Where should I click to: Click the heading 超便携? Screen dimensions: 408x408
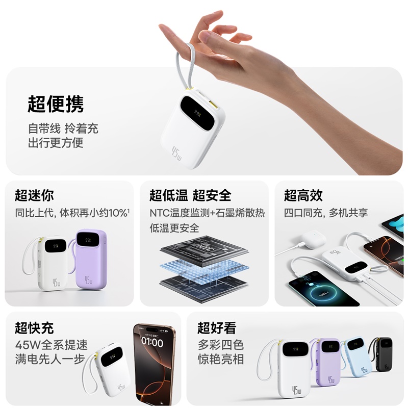(x=56, y=104)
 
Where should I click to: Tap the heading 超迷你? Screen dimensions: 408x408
(x=34, y=195)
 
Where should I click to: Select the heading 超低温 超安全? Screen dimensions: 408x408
(x=190, y=195)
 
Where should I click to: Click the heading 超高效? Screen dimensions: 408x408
(x=303, y=195)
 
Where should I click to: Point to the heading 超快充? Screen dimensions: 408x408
(x=34, y=327)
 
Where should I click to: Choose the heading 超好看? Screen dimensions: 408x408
(x=217, y=327)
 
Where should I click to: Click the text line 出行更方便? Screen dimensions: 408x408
(x=56, y=143)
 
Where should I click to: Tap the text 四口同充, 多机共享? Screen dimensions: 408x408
(x=326, y=213)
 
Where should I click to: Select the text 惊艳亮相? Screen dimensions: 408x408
(x=221, y=359)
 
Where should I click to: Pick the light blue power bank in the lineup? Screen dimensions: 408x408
(x=357, y=357)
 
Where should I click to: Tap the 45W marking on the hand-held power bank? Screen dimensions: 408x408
(x=177, y=151)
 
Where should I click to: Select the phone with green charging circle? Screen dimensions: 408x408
(x=315, y=292)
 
